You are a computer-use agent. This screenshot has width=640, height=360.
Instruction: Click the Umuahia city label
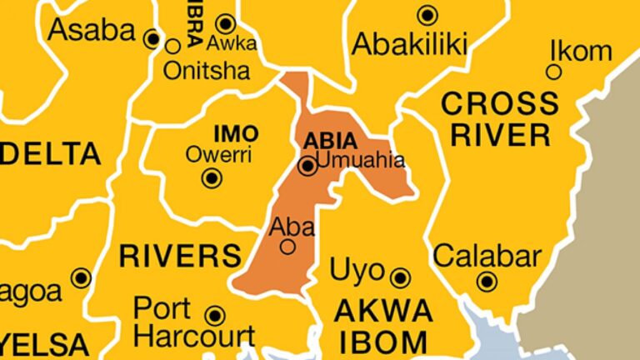pos(361,160)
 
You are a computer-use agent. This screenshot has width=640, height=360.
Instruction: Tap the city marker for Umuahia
pos(308,167)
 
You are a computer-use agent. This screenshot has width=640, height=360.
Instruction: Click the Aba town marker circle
pos(287,247)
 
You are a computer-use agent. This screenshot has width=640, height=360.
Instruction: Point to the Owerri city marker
pos(213,177)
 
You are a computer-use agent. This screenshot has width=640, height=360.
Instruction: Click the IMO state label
pos(236,133)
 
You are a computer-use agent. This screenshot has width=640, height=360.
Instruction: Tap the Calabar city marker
pos(487,281)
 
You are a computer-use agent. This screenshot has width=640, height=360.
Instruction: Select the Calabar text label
pos(487,255)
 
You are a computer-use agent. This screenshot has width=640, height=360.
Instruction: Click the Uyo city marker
pos(401,277)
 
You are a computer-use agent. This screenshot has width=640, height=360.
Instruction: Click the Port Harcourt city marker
pos(215,315)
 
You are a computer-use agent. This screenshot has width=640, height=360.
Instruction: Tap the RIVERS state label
pos(180,256)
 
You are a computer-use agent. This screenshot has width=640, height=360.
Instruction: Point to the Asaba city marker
pos(152,38)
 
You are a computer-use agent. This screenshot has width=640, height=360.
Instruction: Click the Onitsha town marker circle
pos(173,46)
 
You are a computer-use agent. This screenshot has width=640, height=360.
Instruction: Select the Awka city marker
pos(226,22)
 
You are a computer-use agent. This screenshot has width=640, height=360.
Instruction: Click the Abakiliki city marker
pos(427,14)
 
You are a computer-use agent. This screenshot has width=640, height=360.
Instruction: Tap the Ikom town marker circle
pos(553,72)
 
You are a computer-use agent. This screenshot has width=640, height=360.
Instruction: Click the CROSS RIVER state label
pos(500,118)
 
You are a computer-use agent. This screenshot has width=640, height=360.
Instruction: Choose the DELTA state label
pos(50,154)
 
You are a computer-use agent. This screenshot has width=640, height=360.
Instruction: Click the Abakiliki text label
pos(409,44)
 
